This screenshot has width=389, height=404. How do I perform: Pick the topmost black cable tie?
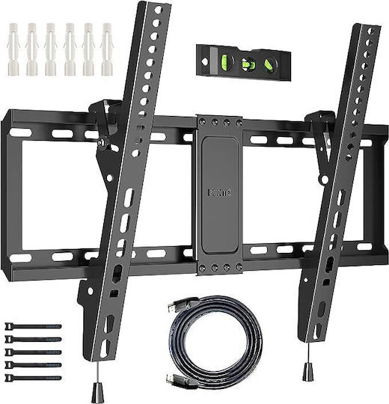34,326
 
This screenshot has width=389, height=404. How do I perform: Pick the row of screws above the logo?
215,121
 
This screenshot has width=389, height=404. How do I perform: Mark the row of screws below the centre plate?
215,267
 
